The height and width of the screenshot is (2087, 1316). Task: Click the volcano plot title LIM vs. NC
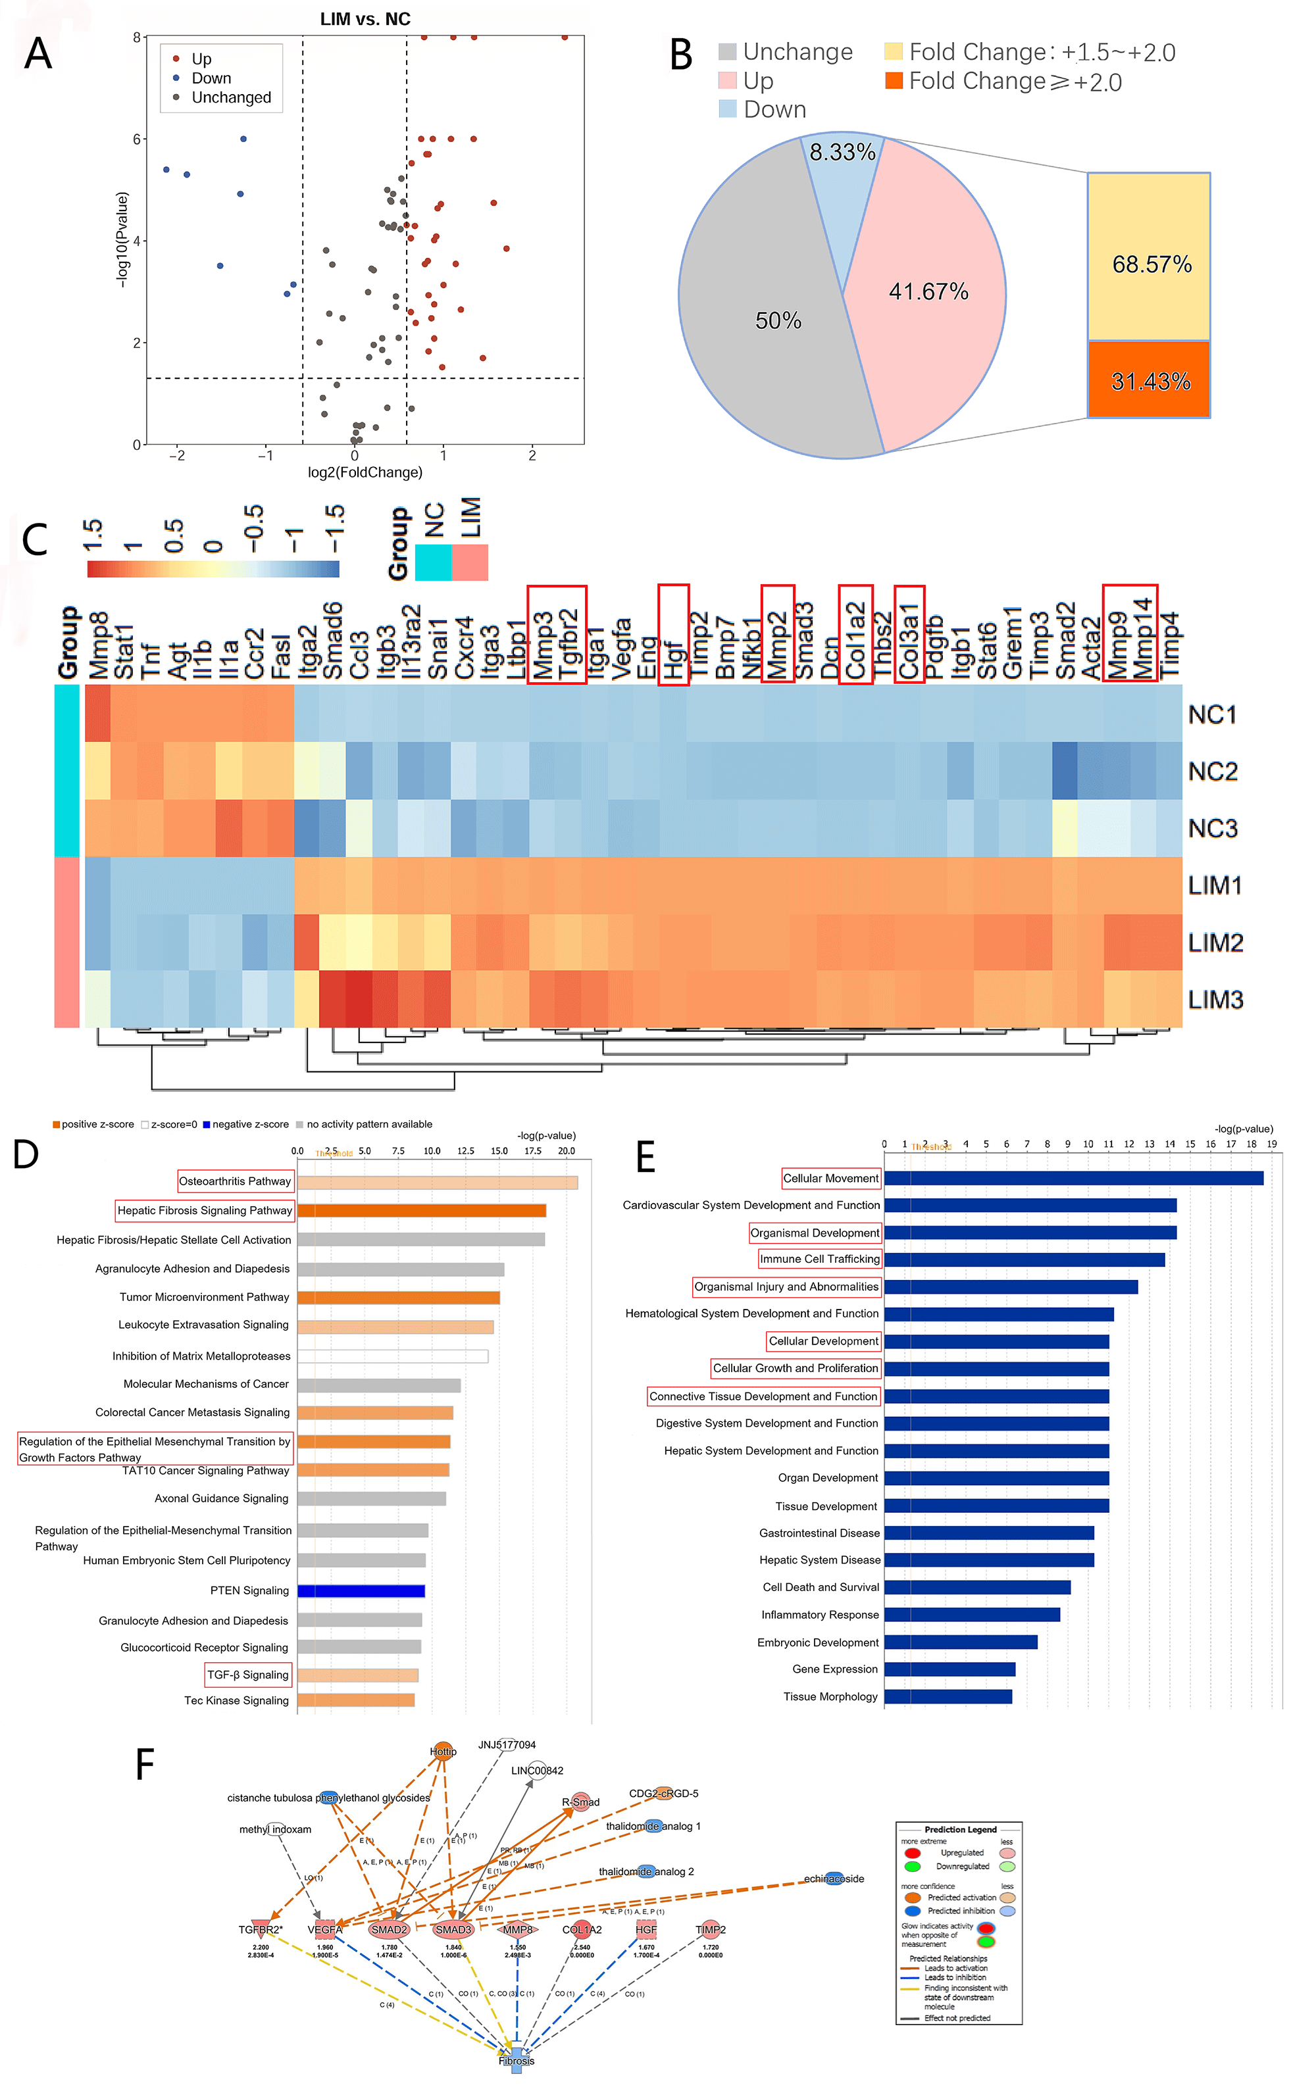(x=365, y=19)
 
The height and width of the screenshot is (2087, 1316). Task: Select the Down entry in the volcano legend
(x=211, y=79)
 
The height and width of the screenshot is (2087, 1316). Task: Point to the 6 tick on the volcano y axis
(x=137, y=139)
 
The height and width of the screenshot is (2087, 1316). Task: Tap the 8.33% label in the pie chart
(x=842, y=153)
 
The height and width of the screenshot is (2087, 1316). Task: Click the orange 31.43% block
(x=1149, y=380)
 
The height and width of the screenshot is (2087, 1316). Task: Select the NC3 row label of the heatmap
(x=1212, y=829)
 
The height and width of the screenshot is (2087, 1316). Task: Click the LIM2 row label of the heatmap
(x=1215, y=943)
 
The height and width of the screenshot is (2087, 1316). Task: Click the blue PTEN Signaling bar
(x=361, y=1590)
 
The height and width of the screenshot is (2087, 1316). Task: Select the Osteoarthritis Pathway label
(x=235, y=1181)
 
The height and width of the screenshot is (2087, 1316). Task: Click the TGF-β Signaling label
(x=248, y=1675)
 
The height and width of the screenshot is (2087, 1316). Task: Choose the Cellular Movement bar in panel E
(x=1073, y=1179)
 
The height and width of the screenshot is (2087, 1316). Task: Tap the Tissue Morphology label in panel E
(x=830, y=1696)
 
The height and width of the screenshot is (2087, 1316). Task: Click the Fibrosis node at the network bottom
(x=517, y=2060)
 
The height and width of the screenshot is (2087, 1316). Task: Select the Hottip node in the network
(x=443, y=1752)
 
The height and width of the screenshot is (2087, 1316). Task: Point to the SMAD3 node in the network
(x=453, y=1929)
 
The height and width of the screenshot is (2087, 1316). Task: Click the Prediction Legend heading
(x=959, y=1830)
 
